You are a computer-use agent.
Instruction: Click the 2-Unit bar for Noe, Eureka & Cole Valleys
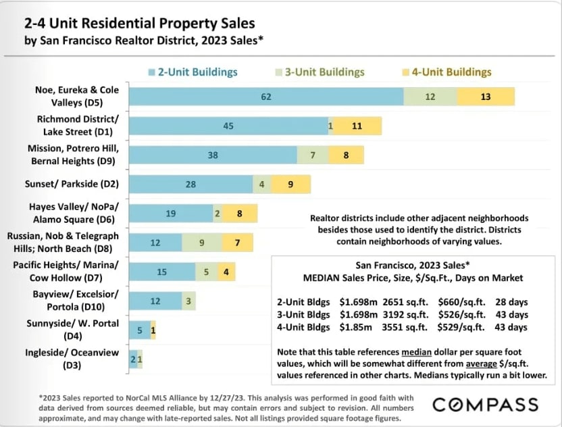click(266, 97)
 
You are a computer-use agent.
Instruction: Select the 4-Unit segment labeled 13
click(486, 97)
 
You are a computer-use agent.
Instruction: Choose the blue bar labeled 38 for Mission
click(213, 155)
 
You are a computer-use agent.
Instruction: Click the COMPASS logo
click(485, 405)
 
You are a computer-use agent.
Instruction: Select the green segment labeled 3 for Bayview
click(188, 301)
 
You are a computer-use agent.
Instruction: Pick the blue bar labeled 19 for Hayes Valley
click(171, 214)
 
